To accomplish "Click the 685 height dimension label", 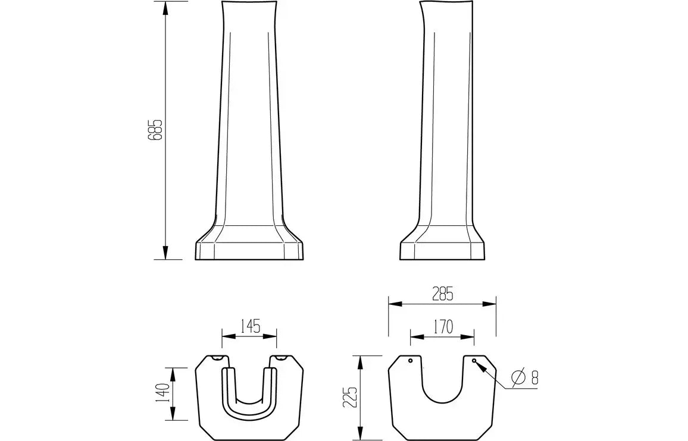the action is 155,130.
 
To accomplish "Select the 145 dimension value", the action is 250,326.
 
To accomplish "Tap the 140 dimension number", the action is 163,393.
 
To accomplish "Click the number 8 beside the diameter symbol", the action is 534,377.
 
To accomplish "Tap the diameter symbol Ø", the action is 518,377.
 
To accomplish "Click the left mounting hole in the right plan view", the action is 410,361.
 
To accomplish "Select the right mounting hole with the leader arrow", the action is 474,360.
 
